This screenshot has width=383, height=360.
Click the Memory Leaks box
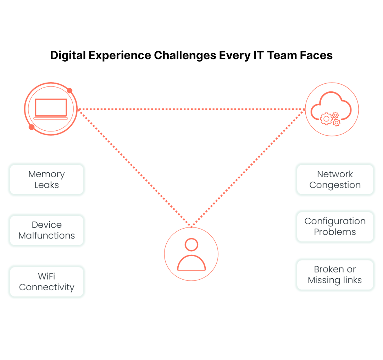tap(46, 179)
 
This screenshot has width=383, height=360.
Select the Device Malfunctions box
tap(46, 230)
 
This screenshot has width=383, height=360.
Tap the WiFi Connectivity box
tap(46, 282)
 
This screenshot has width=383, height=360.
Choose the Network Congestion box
tap(335, 179)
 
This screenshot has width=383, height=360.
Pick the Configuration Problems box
tap(335, 226)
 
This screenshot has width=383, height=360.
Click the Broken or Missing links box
tap(335, 275)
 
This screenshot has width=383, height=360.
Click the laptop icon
tap(51, 109)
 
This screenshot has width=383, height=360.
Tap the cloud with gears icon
tap(332, 109)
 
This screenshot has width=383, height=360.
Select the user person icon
tap(191, 254)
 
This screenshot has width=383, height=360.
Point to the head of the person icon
tap(191, 244)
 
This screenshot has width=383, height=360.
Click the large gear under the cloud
tap(326, 118)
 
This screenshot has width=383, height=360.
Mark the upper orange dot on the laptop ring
tap(70, 91)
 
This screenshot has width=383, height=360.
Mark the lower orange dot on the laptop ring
tap(32, 127)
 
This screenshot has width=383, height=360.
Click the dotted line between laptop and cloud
tap(191, 109)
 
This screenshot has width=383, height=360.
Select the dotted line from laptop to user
tap(135, 168)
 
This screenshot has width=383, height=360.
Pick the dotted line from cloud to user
tap(248, 168)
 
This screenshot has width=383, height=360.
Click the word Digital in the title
tap(66, 56)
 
